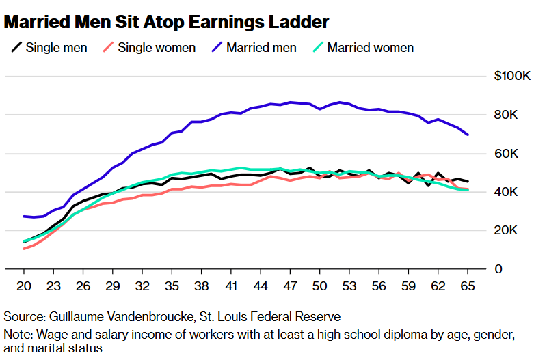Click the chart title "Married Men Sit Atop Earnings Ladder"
166,22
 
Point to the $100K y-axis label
512,76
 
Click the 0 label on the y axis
499,269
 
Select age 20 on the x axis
24,286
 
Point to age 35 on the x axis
172,286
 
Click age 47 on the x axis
290,286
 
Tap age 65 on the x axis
468,286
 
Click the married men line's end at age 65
468,135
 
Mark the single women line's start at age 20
24,249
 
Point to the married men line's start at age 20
24,216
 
